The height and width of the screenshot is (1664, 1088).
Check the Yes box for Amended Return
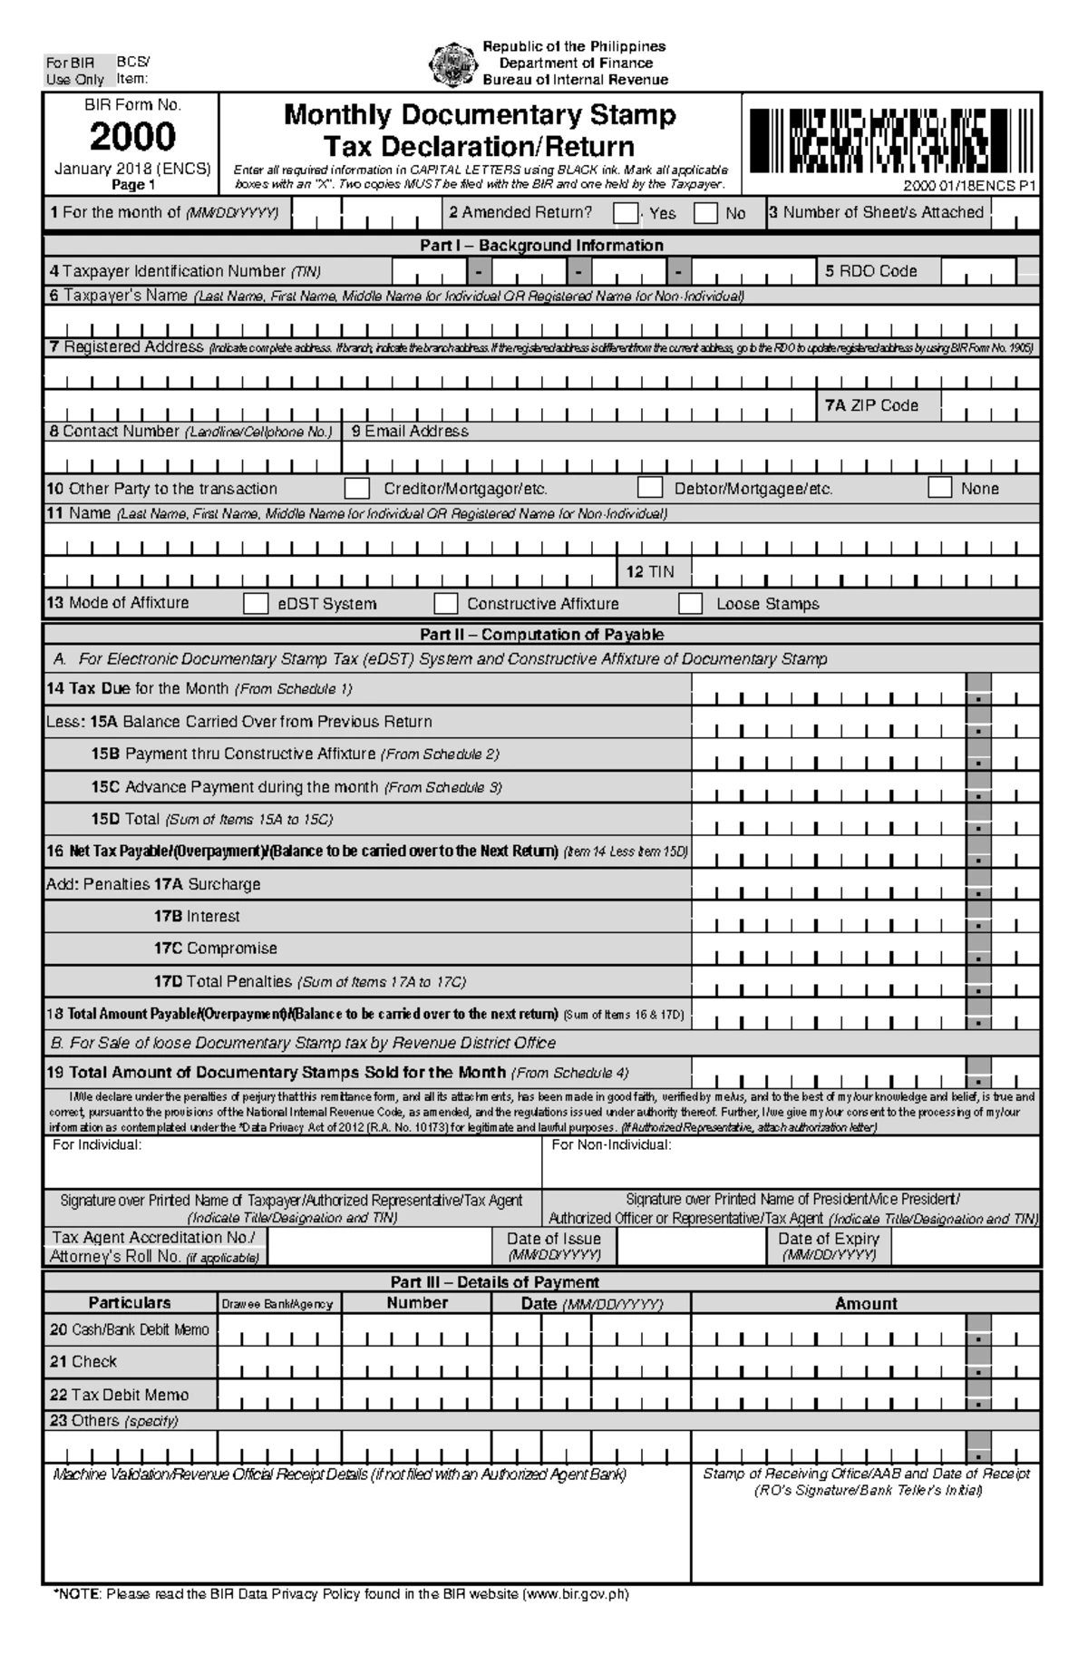[625, 213]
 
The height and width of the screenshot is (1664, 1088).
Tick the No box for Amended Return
[705, 213]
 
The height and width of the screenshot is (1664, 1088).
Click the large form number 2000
[132, 137]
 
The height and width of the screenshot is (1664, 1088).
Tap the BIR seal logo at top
[451, 63]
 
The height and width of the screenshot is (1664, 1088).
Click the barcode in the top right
[889, 141]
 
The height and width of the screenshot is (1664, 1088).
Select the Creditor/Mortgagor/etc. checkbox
[357, 489]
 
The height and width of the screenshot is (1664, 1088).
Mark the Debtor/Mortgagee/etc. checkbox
[649, 488]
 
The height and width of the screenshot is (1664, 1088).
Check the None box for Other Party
[940, 488]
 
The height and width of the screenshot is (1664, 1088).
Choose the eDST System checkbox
[256, 604]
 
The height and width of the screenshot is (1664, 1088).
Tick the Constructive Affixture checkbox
[445, 604]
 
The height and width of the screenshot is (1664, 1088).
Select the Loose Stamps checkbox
[691, 604]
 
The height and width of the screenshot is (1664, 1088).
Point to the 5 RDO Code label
[870, 271]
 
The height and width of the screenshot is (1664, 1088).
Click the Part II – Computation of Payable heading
[541, 635]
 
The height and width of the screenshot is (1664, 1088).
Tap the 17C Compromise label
[215, 949]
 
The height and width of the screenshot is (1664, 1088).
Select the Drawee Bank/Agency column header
[277, 1304]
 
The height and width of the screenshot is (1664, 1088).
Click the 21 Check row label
[83, 1361]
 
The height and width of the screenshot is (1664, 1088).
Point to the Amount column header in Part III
[865, 1303]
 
